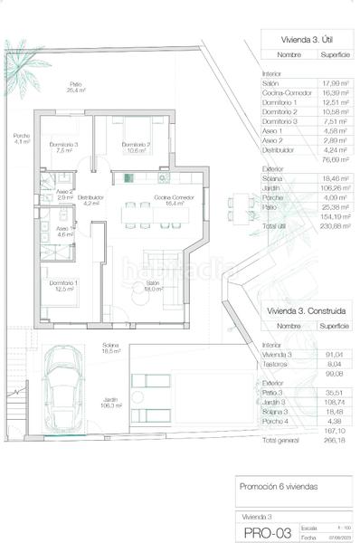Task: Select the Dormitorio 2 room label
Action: point(136,147)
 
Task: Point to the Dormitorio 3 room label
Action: point(63,147)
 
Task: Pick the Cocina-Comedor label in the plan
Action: point(169,200)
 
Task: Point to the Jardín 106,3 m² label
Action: point(111,403)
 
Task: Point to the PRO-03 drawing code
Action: point(263,533)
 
